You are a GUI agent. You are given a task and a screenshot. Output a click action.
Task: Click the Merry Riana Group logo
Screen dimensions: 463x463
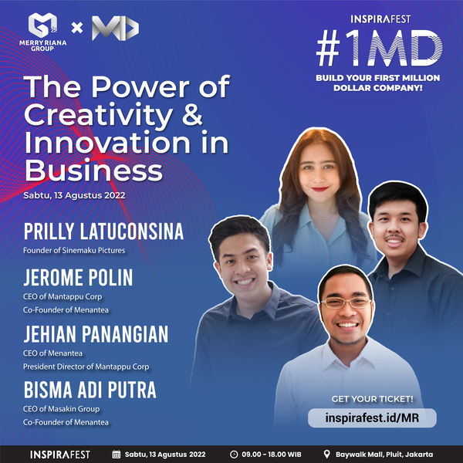pos(42,32)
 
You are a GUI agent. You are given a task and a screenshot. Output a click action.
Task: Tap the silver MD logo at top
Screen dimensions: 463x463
pos(115,28)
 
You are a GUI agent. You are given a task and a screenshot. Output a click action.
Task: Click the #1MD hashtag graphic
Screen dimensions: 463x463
pos(379,48)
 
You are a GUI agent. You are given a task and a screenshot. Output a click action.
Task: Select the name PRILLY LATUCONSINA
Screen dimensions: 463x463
pos(103,231)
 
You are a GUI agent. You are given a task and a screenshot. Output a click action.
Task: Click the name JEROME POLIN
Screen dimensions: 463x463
pos(78,277)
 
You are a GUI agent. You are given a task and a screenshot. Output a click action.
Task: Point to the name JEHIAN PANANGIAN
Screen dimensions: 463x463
pos(96,334)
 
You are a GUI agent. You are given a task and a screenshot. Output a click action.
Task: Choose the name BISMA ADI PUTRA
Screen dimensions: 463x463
pos(90,390)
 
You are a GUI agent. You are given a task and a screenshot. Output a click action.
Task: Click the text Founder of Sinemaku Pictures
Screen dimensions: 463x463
pos(74,250)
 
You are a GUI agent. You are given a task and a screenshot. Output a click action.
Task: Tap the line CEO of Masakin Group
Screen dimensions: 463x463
pos(62,409)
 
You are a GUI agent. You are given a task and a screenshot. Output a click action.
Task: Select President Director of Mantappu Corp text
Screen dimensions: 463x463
pos(86,367)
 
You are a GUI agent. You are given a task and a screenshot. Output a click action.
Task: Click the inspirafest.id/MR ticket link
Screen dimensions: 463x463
pos(372,417)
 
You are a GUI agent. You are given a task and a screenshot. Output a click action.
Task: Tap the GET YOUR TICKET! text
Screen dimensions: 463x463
pos(372,399)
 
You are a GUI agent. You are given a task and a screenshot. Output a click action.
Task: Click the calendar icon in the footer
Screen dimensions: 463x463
pos(117,455)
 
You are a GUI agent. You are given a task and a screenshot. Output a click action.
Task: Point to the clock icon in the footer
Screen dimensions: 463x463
pos(234,455)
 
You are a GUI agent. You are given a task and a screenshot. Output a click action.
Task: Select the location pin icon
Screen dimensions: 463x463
pos(327,455)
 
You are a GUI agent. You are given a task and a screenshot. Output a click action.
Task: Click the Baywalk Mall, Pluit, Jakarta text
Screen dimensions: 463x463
pos(384,455)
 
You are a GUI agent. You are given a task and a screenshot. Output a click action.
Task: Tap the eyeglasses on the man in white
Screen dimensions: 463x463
pos(346,302)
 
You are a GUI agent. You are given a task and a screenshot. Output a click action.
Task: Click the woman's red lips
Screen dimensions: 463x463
pos(319,189)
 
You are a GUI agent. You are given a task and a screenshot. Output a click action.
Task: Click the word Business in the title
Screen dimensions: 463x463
pos(94,171)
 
